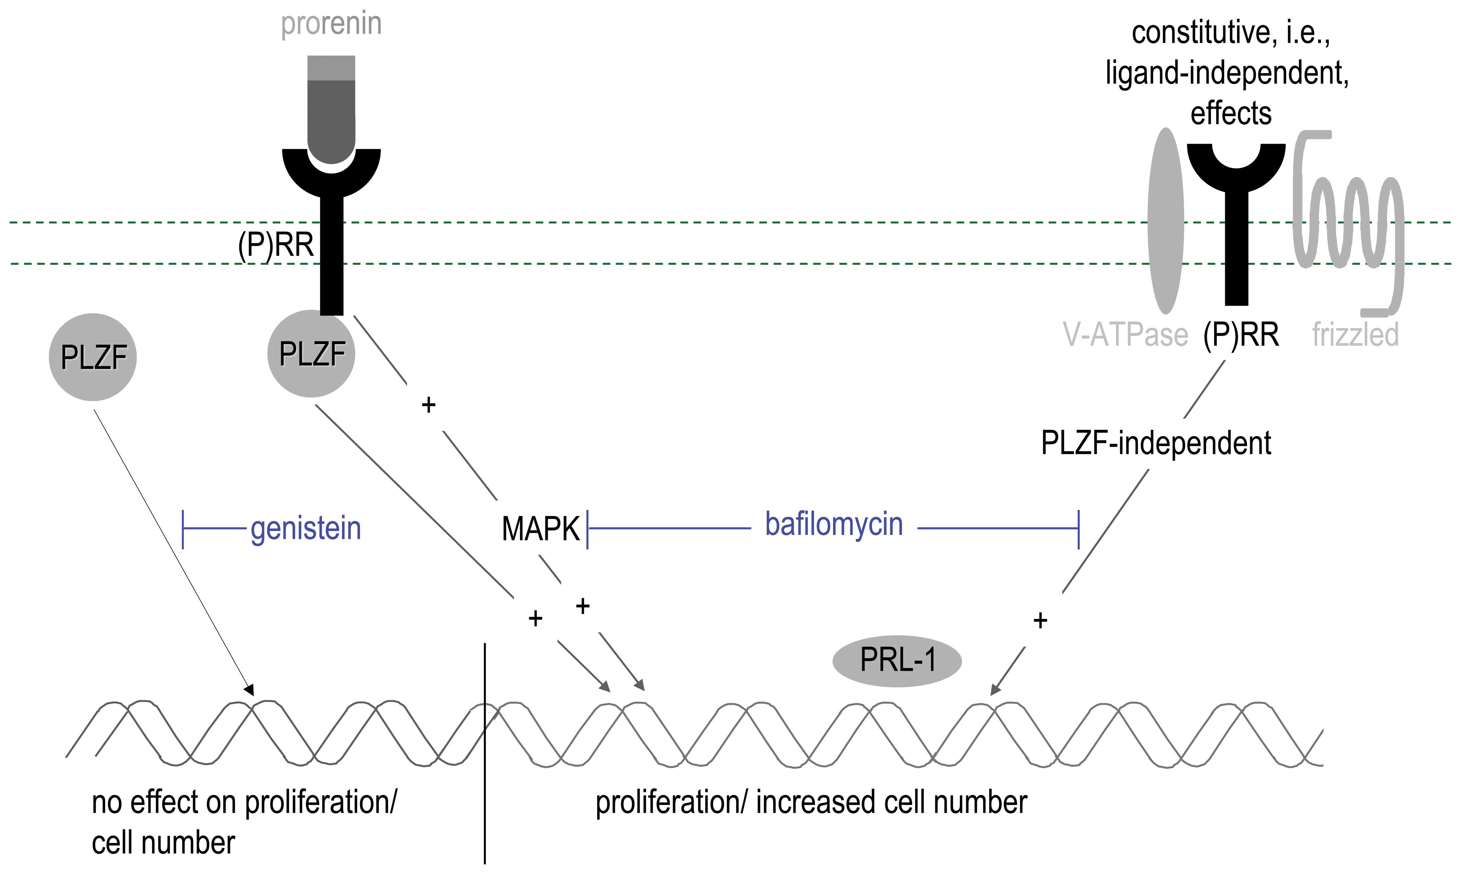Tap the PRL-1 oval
897,660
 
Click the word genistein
305,528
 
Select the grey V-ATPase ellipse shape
1165,221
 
